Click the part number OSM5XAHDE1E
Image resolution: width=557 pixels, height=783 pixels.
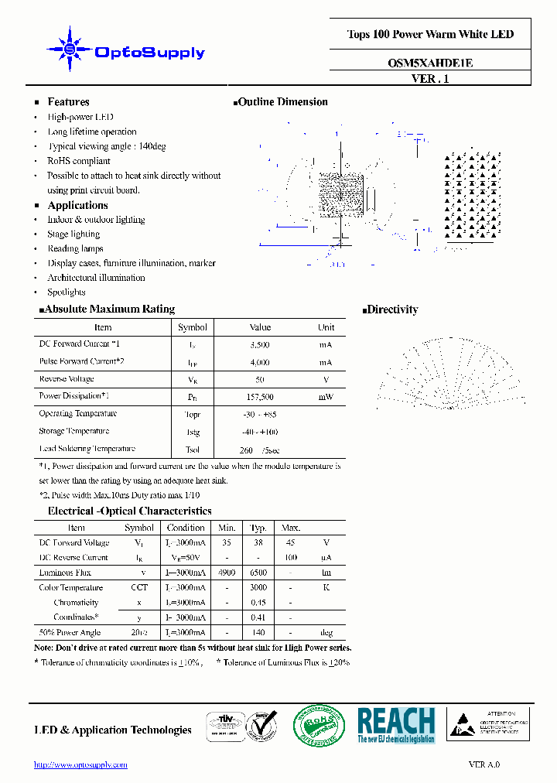tap(430, 63)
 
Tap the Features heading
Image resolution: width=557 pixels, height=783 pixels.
tap(68, 102)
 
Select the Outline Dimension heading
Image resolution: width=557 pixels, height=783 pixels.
tap(282, 102)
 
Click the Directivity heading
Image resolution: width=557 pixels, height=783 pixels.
tap(392, 309)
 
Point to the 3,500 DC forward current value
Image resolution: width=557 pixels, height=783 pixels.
tap(260, 345)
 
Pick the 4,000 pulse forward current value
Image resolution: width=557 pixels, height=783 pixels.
tap(260, 362)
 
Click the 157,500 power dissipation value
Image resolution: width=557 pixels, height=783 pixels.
tap(260, 397)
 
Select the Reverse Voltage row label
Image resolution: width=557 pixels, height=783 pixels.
tap(67, 379)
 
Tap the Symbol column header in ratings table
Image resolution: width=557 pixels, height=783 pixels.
tap(193, 327)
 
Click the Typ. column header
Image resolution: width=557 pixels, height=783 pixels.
tap(258, 528)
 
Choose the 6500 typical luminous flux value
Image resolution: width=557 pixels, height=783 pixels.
tap(258, 573)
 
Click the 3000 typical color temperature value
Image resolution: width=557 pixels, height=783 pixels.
tap(258, 588)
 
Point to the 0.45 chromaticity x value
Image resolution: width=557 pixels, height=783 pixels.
tap(258, 603)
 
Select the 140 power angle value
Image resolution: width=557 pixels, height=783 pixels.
tap(258, 632)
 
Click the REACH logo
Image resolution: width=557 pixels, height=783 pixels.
tap(396, 725)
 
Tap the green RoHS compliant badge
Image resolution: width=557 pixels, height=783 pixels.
tap(319, 726)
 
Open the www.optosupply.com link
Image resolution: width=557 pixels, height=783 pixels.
tap(81, 764)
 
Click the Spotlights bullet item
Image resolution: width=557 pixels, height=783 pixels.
tap(67, 292)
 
